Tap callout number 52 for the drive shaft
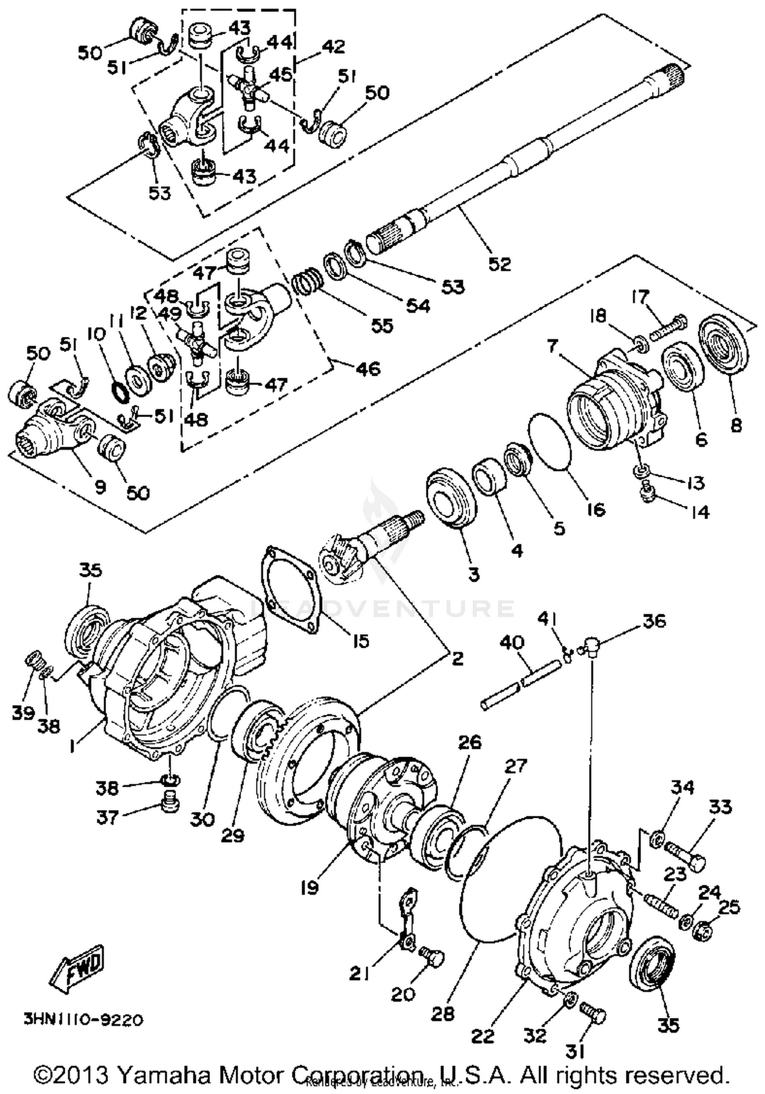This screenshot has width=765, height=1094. click(499, 264)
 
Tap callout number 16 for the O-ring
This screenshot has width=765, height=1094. click(596, 509)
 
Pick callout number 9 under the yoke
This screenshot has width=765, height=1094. click(100, 487)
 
